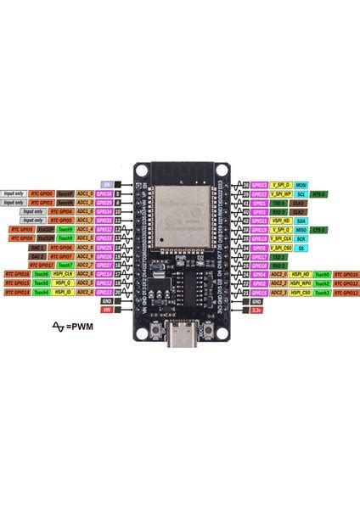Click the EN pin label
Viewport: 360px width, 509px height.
(x=106, y=184)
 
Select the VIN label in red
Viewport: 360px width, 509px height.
(x=106, y=310)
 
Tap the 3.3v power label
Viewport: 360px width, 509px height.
(x=256, y=310)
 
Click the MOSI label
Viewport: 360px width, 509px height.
(x=301, y=184)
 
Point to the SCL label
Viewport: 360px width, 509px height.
(x=301, y=194)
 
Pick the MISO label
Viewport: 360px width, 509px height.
(x=301, y=230)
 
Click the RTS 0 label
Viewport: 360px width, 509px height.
(x=321, y=194)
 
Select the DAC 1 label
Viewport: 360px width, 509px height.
(x=38, y=248)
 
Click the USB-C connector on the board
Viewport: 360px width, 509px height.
(x=180, y=322)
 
